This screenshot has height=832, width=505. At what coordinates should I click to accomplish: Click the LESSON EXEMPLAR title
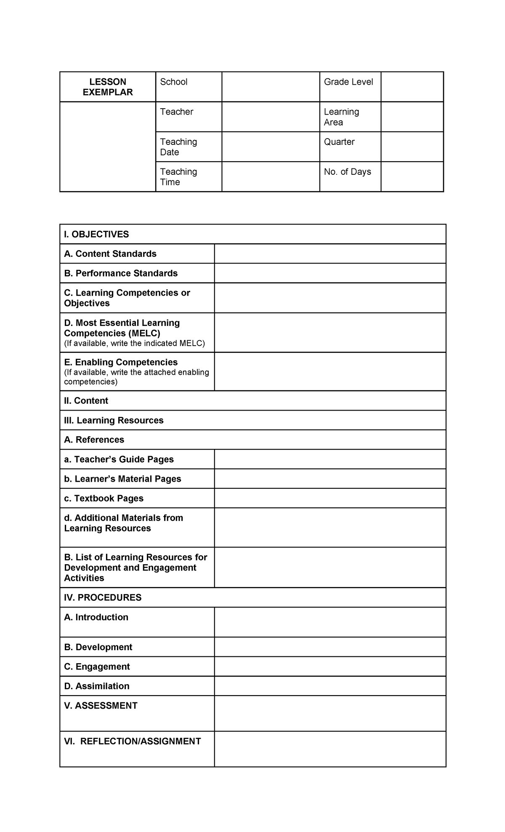[108, 87]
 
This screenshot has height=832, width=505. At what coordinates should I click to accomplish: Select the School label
[173, 82]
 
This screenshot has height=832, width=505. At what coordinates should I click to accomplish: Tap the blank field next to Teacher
[271, 117]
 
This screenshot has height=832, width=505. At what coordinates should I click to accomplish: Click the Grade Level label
[348, 82]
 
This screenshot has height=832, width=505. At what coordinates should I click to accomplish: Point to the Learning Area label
[341, 117]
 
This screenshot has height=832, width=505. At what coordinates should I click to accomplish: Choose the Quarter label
[339, 142]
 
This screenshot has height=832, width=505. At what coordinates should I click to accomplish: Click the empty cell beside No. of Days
[412, 177]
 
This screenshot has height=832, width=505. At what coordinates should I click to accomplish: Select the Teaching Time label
[178, 177]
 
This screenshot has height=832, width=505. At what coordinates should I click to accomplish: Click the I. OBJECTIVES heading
[96, 234]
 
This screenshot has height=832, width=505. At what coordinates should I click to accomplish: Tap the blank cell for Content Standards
[330, 254]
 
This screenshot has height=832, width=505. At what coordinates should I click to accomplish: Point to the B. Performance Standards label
[121, 273]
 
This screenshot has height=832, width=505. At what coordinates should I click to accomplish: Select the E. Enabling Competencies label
[121, 362]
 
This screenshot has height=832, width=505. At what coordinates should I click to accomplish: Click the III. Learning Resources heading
[114, 420]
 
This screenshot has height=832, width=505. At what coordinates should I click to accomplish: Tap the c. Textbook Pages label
[104, 499]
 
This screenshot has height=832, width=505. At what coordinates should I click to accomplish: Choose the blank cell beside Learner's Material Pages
[330, 479]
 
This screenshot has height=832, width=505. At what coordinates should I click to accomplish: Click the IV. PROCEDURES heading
[103, 597]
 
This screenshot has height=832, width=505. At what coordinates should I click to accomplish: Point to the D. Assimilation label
[96, 686]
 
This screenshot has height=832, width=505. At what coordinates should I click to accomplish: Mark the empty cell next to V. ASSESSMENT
[330, 713]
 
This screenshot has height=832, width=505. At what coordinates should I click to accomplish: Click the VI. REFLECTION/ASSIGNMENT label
[132, 741]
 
